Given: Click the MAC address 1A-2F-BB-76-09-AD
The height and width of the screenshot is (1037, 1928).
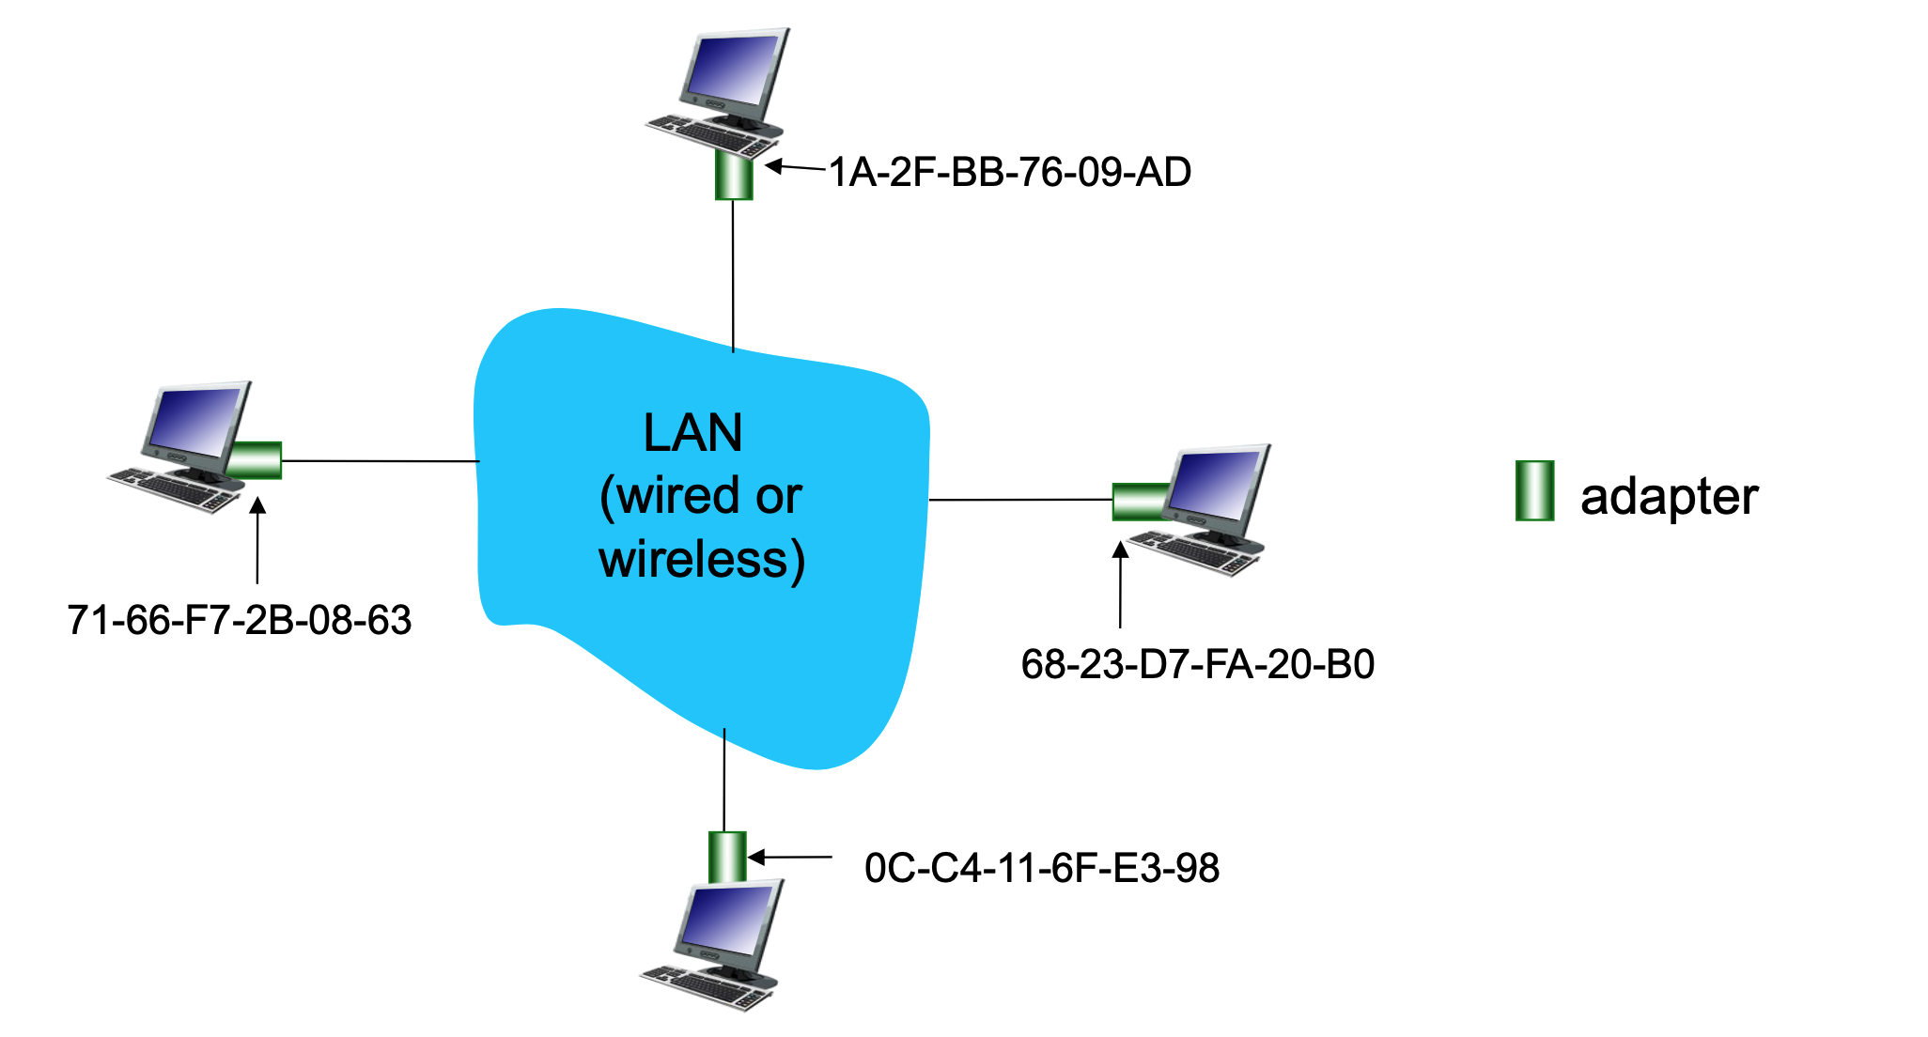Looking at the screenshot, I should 1010,173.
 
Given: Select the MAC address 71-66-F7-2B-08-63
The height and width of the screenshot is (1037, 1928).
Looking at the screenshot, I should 240,621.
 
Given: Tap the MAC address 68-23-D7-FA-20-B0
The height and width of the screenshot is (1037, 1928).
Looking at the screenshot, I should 1198,665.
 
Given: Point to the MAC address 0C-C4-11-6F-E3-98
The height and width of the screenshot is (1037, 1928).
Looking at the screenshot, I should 1042,868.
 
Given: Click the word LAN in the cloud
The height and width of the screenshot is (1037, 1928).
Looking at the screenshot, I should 693,434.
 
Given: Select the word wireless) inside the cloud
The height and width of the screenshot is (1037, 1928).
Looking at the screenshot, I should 702,560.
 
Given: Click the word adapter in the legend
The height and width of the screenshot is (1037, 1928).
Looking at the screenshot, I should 1669,497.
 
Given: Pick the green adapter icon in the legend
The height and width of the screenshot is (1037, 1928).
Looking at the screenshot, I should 1534,490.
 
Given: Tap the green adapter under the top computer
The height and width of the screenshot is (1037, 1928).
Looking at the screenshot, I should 734,177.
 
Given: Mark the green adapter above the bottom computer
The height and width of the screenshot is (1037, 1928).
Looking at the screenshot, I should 727,857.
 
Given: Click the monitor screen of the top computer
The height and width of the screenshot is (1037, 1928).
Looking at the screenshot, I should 733,71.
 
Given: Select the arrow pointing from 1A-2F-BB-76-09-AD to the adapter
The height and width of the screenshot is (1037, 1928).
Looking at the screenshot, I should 795,168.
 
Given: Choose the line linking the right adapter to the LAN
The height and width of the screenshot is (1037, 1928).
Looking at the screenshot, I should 1019,500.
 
